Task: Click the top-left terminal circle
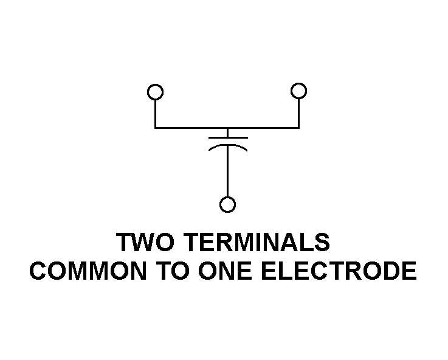pos(155,85)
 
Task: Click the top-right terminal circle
pos(298,84)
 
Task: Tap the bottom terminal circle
pos(228,198)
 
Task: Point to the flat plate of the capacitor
pos(228,137)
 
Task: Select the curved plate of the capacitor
pos(228,146)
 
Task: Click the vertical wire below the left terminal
pos(155,114)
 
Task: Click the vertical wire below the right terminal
pos(298,114)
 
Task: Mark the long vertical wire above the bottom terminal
pos(228,171)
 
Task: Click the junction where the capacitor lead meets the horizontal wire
pos(228,128)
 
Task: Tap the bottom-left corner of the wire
pos(155,128)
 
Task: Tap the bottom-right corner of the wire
pos(298,128)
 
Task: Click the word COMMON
pos(88,271)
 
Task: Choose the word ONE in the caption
pos(225,271)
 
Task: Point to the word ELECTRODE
pos(339,271)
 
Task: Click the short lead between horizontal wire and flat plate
pos(228,133)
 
